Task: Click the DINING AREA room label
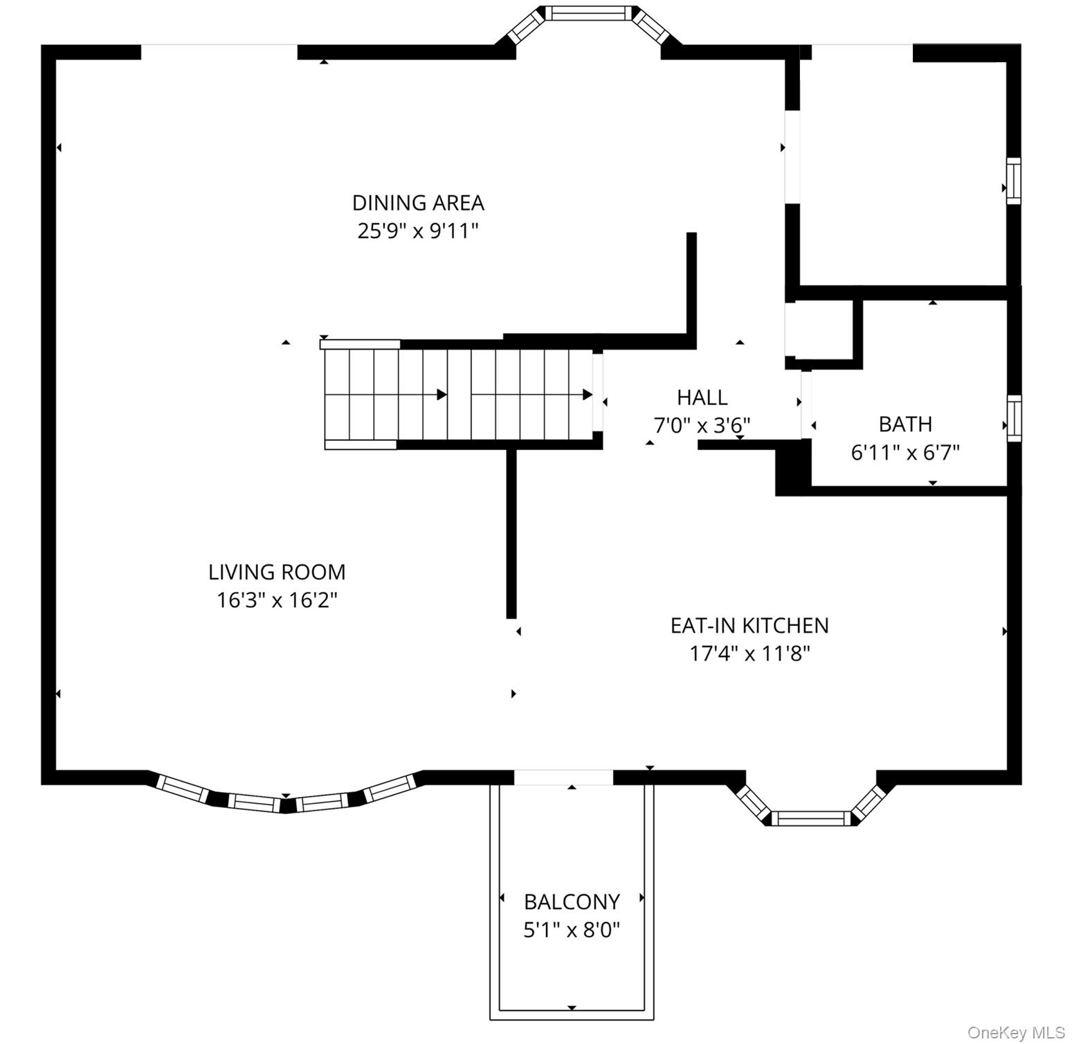click(418, 203)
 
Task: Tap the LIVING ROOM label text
click(277, 572)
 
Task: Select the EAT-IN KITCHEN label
click(750, 625)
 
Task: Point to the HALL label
click(702, 397)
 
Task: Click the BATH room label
click(905, 424)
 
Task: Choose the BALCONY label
click(572, 901)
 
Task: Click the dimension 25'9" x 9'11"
click(418, 231)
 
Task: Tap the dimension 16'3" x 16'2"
click(277, 600)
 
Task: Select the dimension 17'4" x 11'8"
click(750, 653)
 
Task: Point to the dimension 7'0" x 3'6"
click(702, 424)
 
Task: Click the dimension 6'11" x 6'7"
click(905, 452)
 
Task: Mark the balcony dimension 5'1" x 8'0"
click(572, 929)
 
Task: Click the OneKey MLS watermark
click(1016, 1032)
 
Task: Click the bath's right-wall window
click(1014, 418)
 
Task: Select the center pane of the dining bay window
click(589, 13)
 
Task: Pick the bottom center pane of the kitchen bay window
click(810, 818)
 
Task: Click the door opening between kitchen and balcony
click(563, 777)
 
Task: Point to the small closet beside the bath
click(824, 330)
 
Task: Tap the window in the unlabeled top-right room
click(1013, 181)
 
